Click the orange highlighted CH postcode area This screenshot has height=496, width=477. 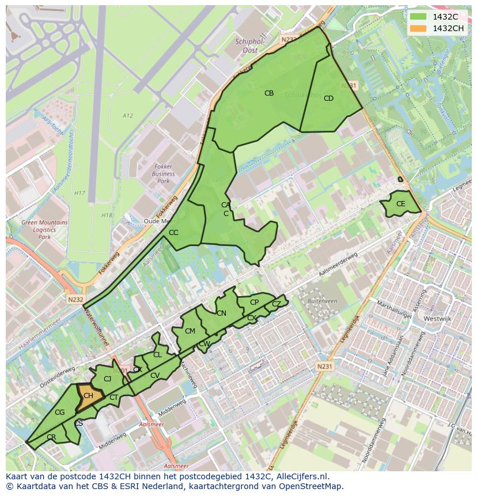[x=88, y=397]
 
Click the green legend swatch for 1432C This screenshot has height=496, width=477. [x=418, y=17]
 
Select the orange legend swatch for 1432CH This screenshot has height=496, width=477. [x=418, y=28]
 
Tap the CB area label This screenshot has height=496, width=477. [x=269, y=93]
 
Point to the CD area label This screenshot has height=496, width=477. [x=328, y=99]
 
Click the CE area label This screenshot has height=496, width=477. [x=401, y=204]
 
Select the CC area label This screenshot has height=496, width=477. [x=173, y=233]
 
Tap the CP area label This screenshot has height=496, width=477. [x=254, y=302]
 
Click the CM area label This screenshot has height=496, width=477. [x=190, y=331]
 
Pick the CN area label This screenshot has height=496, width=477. [x=221, y=313]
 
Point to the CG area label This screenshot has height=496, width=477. [x=59, y=412]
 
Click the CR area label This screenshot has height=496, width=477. [x=51, y=437]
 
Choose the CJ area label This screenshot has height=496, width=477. [x=107, y=378]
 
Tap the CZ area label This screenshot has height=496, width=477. [x=277, y=304]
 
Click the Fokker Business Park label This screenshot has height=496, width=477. [x=163, y=173]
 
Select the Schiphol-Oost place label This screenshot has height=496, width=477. [x=249, y=46]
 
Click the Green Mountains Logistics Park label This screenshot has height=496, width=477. [x=44, y=229]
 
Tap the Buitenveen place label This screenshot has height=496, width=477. [x=322, y=301]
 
